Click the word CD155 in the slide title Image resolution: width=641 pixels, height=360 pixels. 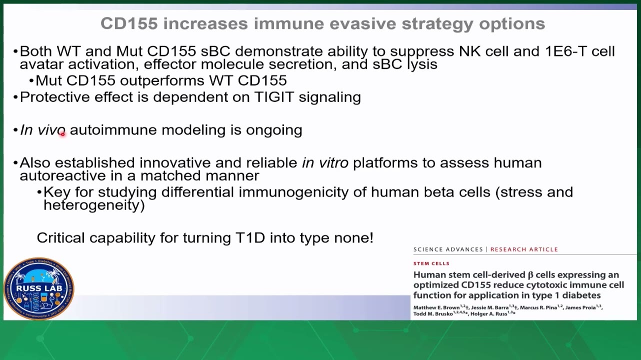(x=129, y=23)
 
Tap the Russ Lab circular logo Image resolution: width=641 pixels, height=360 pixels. (x=39, y=288)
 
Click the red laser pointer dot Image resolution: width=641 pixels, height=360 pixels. (x=62, y=133)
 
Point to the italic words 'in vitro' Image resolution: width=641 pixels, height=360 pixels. (x=325, y=163)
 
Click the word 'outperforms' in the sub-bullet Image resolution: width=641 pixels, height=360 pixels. (x=162, y=80)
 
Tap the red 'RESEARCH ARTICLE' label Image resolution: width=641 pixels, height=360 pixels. (x=524, y=249)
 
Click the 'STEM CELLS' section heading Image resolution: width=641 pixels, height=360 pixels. (x=431, y=263)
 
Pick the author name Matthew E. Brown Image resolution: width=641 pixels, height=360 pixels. (x=436, y=307)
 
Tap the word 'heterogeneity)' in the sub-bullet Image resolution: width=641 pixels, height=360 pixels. (x=94, y=205)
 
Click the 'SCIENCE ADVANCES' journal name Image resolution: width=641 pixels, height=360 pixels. (x=448, y=249)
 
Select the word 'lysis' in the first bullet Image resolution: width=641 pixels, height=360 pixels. (x=422, y=64)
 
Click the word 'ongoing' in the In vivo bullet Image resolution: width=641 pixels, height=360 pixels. (x=274, y=130)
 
